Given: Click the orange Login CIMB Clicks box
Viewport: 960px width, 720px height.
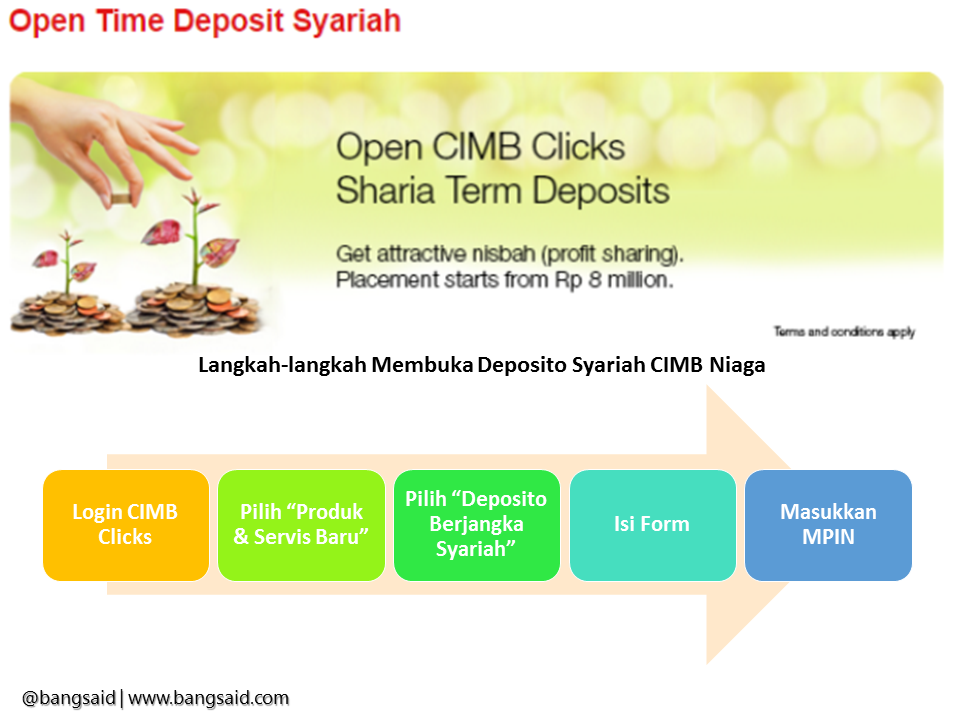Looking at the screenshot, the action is click(x=126, y=525).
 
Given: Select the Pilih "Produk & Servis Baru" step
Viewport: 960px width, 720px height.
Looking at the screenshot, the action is click(x=301, y=525).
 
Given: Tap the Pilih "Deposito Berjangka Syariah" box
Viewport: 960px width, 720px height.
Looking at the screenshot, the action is click(x=477, y=525).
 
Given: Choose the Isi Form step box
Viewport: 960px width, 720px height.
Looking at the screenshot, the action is click(x=653, y=525).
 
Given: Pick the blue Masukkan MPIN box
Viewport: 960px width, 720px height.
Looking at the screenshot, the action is click(x=828, y=525).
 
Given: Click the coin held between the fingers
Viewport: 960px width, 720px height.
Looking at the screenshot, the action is click(x=121, y=198).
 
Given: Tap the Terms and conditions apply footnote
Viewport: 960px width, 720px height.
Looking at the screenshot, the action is click(x=844, y=332).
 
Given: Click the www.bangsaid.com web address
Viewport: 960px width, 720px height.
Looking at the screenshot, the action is click(x=208, y=698).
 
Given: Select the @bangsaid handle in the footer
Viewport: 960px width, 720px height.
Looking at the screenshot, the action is click(x=69, y=698).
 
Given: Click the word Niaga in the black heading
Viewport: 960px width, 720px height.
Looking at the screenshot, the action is click(x=737, y=365).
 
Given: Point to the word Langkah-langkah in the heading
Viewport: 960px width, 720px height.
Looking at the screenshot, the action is click(x=282, y=366).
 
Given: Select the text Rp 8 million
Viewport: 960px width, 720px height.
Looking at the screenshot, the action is click(x=614, y=280).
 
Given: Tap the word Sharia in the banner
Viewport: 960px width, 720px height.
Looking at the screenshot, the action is click(x=385, y=190).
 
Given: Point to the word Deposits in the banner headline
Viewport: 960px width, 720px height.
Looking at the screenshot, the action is click(x=601, y=191).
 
